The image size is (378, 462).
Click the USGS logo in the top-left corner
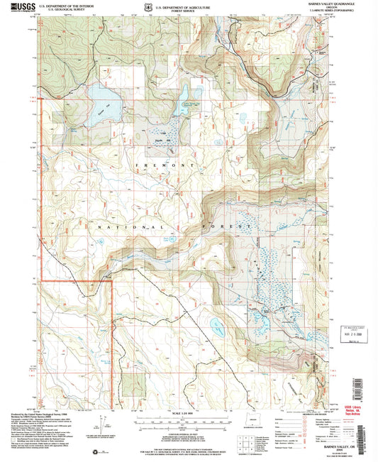16,6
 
